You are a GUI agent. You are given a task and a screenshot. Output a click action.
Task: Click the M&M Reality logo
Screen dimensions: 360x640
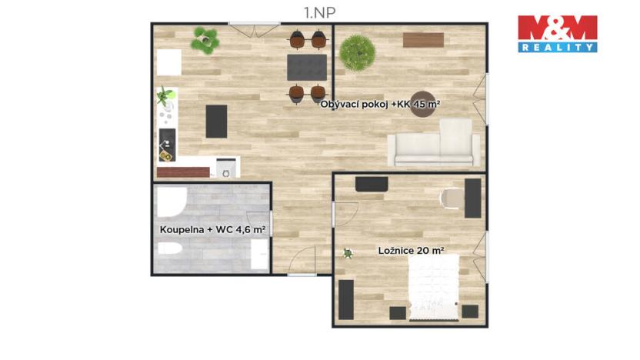click(x=557, y=33)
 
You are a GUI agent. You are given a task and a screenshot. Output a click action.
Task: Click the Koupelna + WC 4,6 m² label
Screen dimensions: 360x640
click(x=212, y=229)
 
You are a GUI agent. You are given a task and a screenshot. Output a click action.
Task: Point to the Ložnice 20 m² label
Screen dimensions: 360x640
click(x=412, y=250)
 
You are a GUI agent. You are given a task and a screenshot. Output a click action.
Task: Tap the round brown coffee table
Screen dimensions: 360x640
click(x=423, y=105)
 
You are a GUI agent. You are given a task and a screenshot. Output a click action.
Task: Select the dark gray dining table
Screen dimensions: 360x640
click(x=306, y=67)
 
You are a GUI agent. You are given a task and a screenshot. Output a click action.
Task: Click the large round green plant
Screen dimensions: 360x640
click(x=358, y=53)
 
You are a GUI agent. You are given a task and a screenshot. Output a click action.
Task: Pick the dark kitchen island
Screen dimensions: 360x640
click(x=217, y=121)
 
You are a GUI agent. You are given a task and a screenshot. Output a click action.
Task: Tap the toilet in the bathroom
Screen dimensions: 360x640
click(x=170, y=249)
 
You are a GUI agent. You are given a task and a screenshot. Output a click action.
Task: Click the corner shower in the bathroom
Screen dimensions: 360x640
click(x=169, y=204)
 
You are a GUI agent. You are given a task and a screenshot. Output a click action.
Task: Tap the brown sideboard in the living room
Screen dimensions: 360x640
click(x=422, y=40)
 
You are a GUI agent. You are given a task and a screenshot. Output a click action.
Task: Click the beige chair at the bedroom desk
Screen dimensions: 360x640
click(x=450, y=198)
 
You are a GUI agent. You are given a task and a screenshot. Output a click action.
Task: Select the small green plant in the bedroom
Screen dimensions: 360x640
click(x=348, y=252)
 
